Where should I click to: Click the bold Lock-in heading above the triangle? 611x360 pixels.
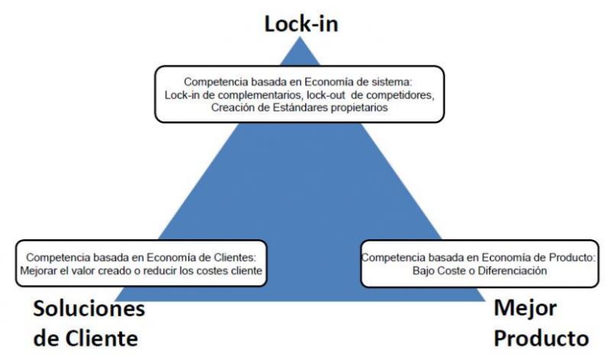(x=301, y=24)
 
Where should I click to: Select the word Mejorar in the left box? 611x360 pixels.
(x=42, y=271)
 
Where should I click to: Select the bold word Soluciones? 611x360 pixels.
(x=88, y=310)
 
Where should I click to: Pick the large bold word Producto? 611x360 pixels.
(x=541, y=338)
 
